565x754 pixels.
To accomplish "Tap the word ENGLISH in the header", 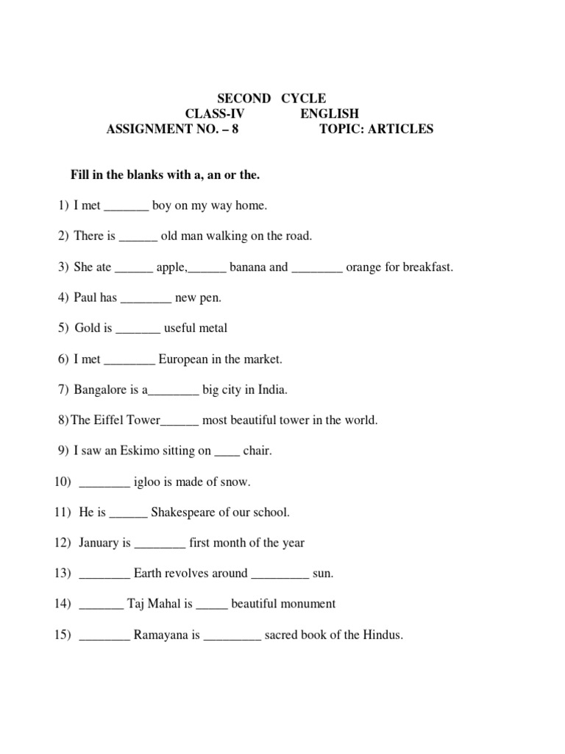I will (329, 113).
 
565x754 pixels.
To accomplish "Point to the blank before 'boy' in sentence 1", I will (127, 208).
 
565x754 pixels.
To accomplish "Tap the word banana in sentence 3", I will (248, 267).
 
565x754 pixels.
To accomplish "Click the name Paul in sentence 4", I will (88, 298).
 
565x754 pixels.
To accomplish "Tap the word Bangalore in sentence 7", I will (102, 390).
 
